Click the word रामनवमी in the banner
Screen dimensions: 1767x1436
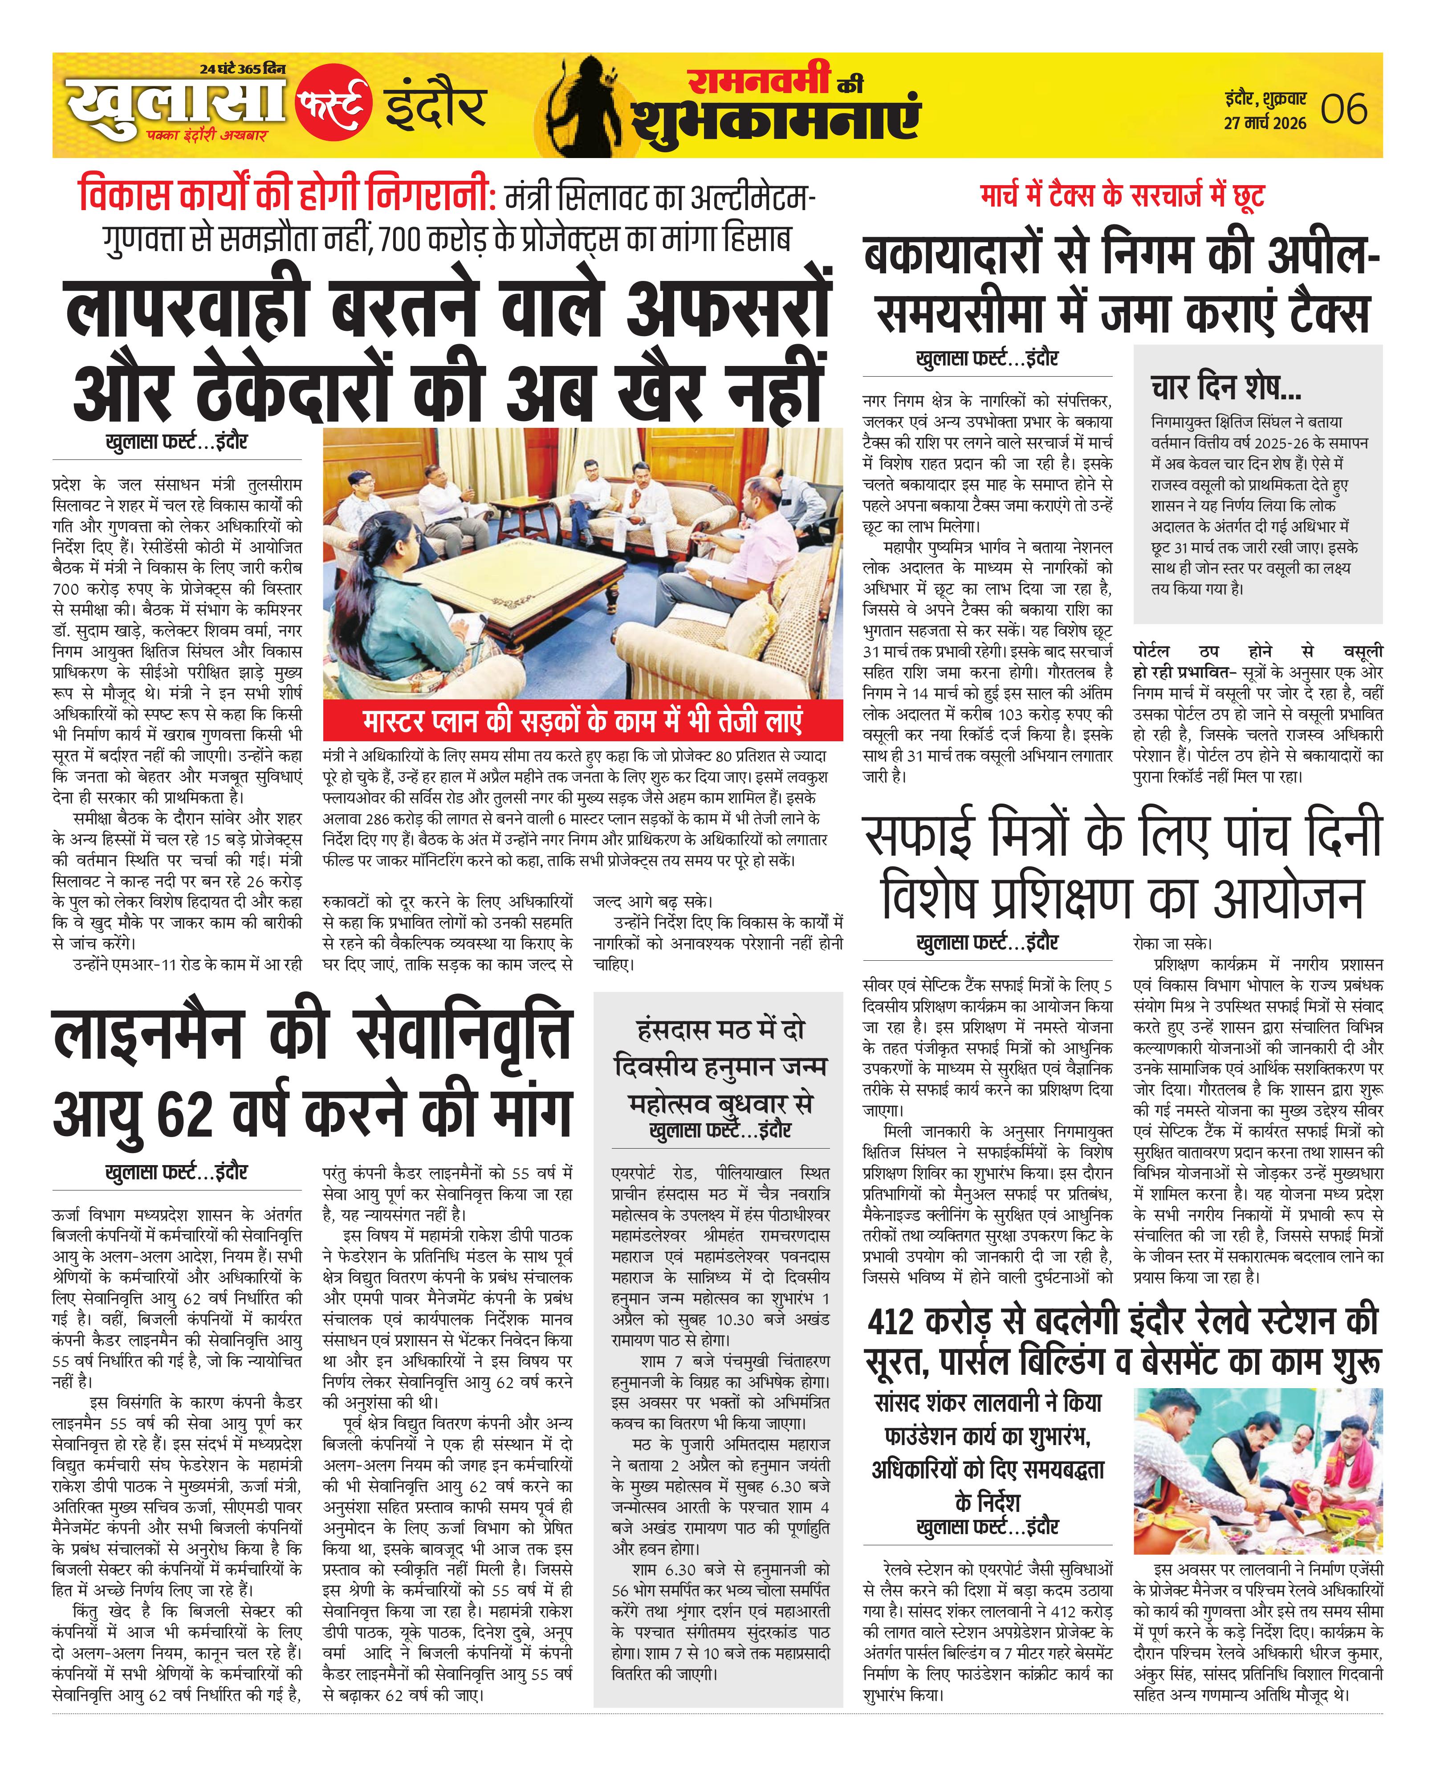click(759, 80)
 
